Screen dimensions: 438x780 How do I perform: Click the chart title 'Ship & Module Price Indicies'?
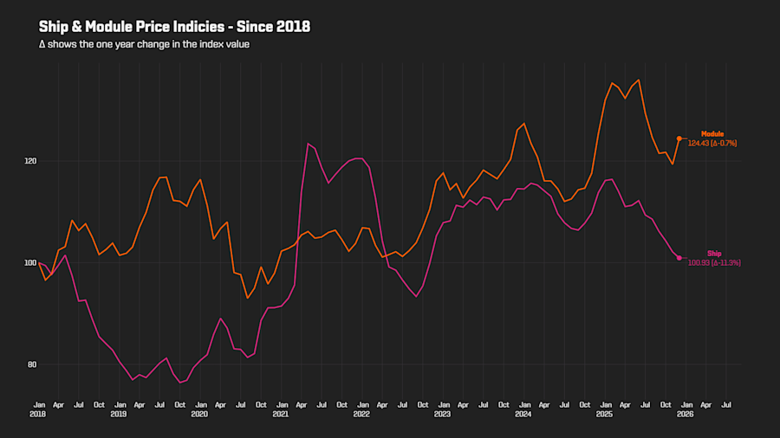(174, 27)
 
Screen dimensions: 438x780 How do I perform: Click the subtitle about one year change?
(144, 44)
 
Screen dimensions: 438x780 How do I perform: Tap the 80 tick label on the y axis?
(30, 364)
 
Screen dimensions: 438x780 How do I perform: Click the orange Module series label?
(712, 133)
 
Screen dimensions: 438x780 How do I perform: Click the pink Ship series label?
(714, 253)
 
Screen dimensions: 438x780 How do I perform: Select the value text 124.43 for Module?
(699, 143)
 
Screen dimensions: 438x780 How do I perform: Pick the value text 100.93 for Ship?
(699, 262)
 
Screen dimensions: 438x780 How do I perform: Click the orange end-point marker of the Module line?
(679, 138)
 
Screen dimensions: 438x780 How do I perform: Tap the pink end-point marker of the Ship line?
(679, 258)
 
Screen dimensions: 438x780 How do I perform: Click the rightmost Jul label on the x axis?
(725, 404)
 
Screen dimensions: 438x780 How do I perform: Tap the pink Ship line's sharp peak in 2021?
(308, 144)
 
